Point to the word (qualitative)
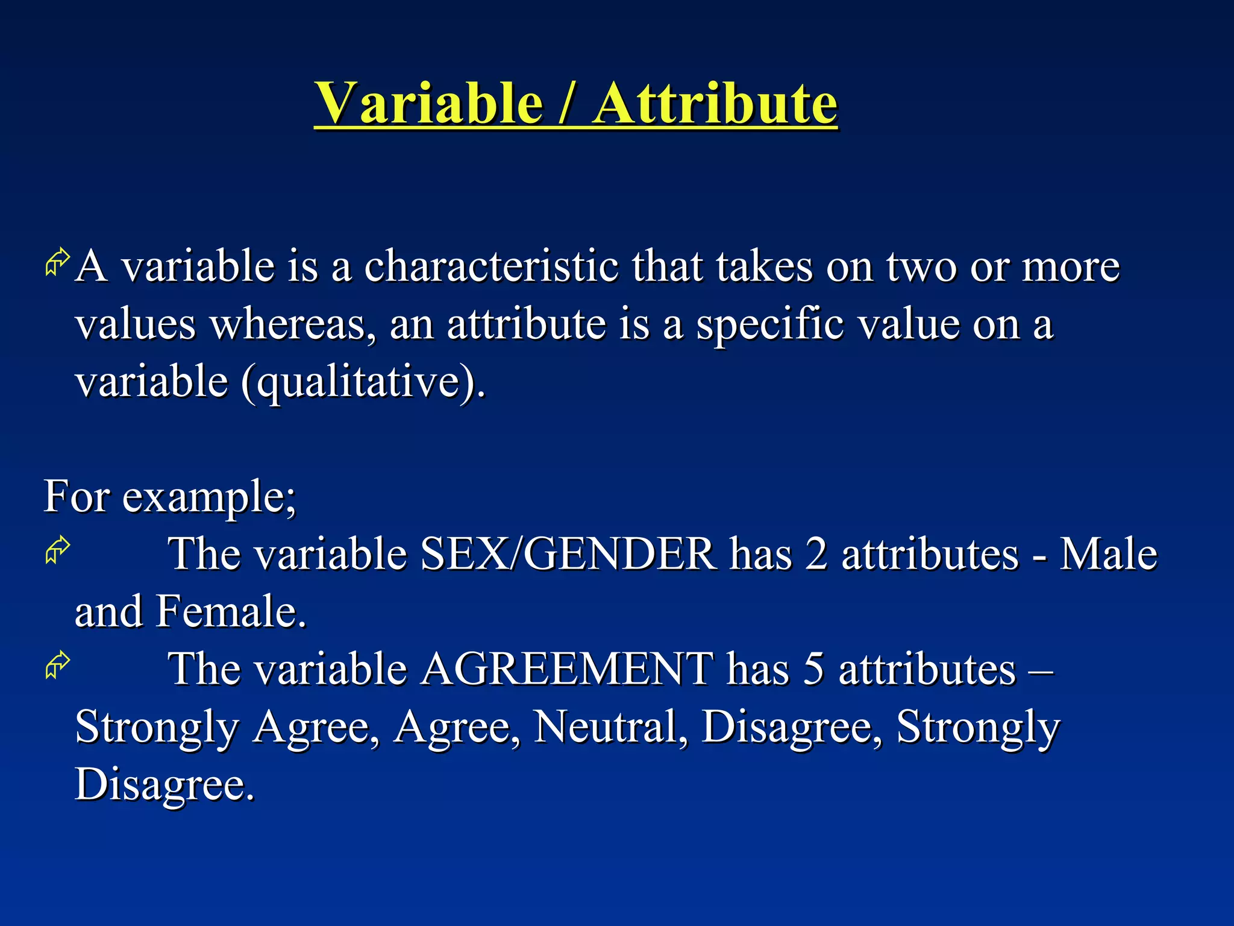(x=363, y=383)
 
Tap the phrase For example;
(x=170, y=497)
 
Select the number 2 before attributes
(x=816, y=553)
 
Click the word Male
(x=1108, y=553)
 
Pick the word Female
(x=231, y=611)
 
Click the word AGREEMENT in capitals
(x=566, y=669)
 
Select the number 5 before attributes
(x=813, y=669)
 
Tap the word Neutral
(x=610, y=726)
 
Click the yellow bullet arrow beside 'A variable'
(x=58, y=263)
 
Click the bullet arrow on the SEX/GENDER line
(x=58, y=550)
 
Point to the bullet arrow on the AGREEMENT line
(x=58, y=666)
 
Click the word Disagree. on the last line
(x=164, y=784)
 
